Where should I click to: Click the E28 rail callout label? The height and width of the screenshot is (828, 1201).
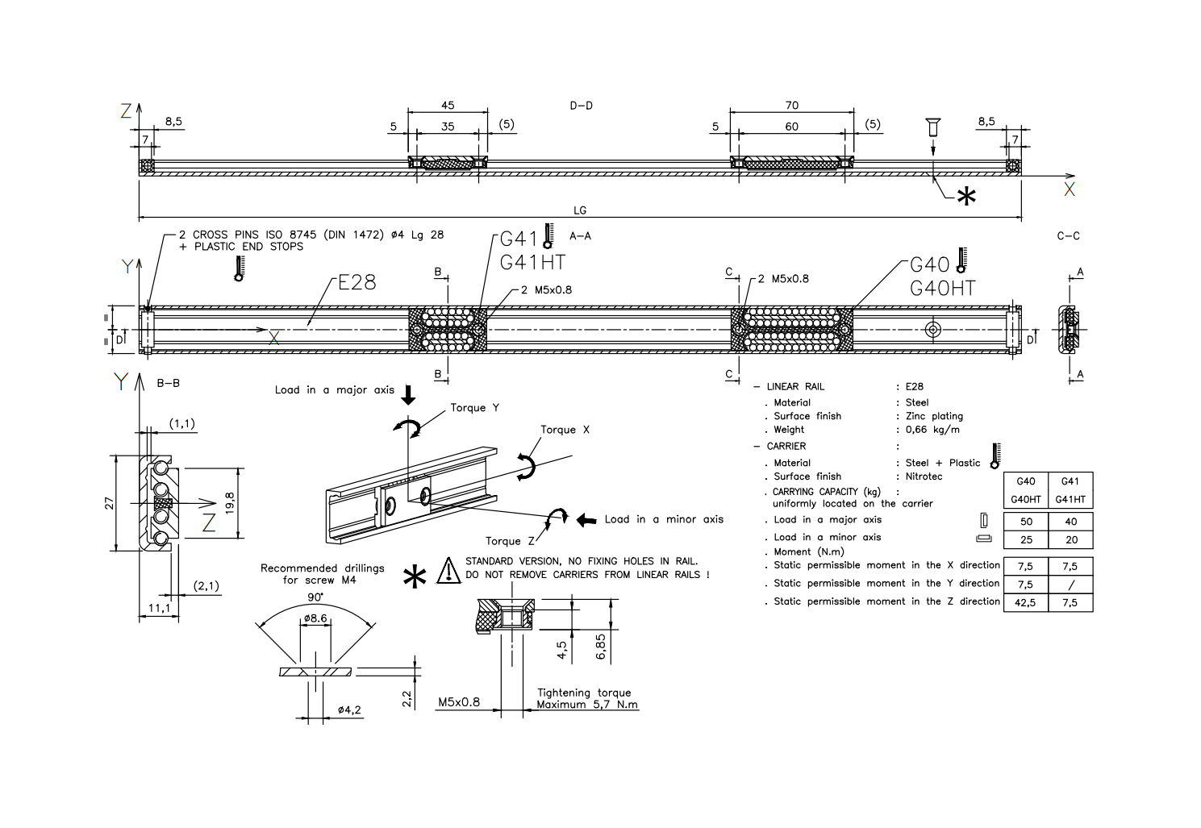(x=357, y=282)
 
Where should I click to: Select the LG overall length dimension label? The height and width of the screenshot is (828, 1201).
(x=580, y=210)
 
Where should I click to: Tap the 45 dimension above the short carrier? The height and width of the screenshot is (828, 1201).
(x=448, y=106)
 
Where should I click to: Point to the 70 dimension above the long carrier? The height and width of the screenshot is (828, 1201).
(x=791, y=106)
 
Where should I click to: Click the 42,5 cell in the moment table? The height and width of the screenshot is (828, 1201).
(x=1025, y=602)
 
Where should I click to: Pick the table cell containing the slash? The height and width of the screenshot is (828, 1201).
(x=1070, y=584)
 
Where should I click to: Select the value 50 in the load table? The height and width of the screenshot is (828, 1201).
(x=1026, y=522)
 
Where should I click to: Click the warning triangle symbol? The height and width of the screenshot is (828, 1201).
(x=448, y=570)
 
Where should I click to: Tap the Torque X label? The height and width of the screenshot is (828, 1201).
(x=565, y=430)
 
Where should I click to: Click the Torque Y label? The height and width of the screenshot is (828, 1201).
(x=474, y=408)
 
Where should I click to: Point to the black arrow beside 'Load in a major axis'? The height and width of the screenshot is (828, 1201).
(x=408, y=394)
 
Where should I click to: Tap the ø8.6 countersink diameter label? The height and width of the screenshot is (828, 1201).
(x=315, y=618)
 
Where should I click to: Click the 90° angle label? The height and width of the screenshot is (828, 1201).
(x=315, y=597)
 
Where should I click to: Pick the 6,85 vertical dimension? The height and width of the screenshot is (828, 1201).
(x=600, y=646)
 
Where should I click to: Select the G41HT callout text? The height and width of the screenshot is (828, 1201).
(x=532, y=262)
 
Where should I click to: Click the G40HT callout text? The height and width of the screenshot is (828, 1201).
(x=942, y=288)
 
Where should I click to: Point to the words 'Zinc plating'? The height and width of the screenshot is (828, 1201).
(x=934, y=416)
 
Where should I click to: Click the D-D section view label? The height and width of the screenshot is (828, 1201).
(x=581, y=106)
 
